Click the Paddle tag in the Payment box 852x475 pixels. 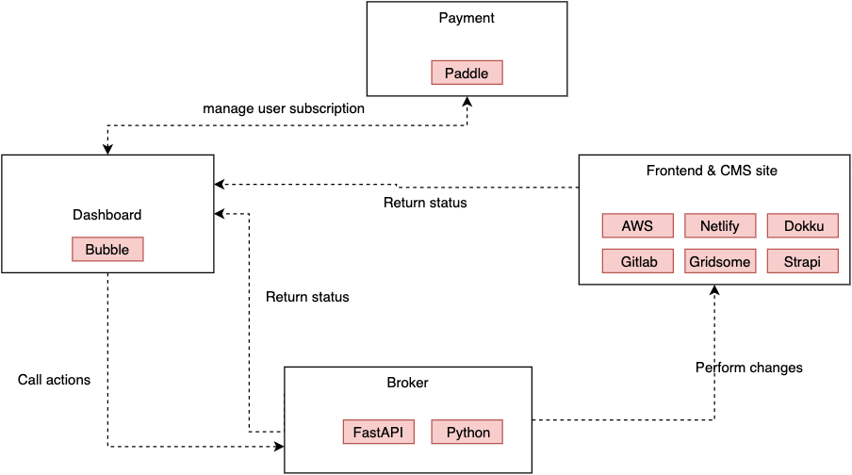(x=467, y=73)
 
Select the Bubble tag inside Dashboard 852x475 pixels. (x=107, y=249)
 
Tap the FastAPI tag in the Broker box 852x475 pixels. (x=378, y=433)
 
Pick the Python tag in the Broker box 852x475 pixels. (x=467, y=433)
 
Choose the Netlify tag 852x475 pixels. (x=719, y=226)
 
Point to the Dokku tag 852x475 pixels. (x=803, y=226)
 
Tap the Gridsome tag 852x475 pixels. (x=719, y=261)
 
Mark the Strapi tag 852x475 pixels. (x=803, y=261)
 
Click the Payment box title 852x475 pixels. (x=467, y=18)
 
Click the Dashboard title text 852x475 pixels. (x=106, y=215)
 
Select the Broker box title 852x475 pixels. (x=407, y=383)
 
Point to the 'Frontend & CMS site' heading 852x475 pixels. (x=712, y=171)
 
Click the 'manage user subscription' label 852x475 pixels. (x=284, y=108)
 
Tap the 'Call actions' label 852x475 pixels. (x=55, y=380)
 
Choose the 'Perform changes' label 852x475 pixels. (x=749, y=368)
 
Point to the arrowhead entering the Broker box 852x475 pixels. (x=278, y=446)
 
